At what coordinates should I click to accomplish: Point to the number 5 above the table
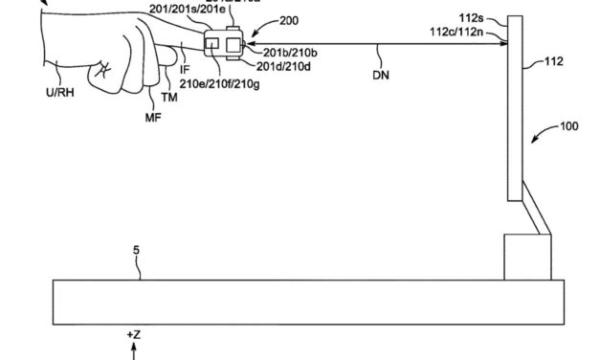point(136,251)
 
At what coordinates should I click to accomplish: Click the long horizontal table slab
point(305,301)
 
